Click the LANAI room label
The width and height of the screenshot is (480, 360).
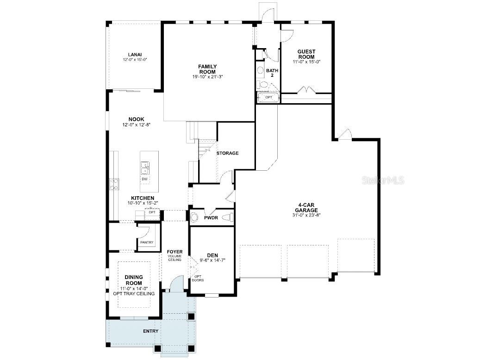point(135,54)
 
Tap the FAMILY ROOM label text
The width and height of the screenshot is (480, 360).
point(207,69)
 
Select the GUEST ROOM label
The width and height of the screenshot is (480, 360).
point(306,54)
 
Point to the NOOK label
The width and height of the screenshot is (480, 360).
point(136,119)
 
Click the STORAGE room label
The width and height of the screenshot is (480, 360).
point(227,153)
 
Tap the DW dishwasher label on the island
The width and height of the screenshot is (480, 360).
point(144,179)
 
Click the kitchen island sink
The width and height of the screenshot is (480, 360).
point(144,167)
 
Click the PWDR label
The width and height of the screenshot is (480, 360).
point(211,217)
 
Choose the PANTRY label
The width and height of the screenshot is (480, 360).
point(147,242)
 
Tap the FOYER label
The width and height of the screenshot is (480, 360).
point(175,252)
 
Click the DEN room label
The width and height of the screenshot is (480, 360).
point(212,255)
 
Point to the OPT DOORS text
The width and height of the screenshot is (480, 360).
point(198,278)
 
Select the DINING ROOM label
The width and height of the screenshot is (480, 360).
point(133,280)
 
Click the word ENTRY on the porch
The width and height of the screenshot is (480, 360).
point(150,331)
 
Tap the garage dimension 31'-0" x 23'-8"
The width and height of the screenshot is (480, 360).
point(307,215)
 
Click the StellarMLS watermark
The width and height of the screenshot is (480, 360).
point(383,180)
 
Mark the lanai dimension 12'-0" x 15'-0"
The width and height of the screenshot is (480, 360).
point(135,60)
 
